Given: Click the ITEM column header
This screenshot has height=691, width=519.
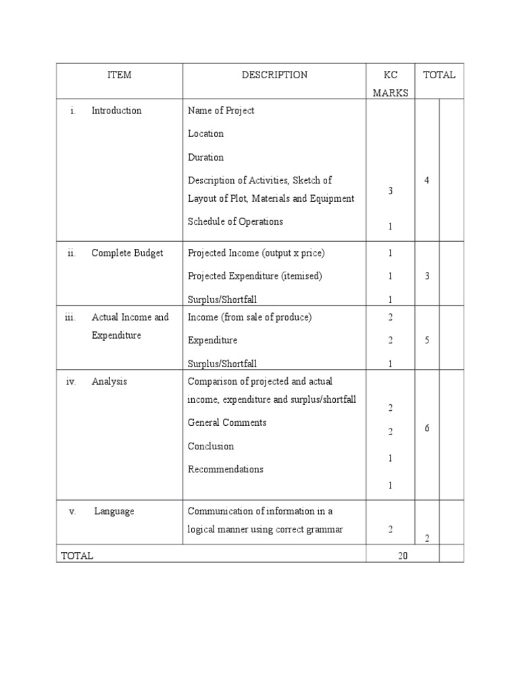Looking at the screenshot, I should pyautogui.click(x=120, y=75).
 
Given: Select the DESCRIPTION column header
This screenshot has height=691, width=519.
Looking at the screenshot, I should pyautogui.click(x=274, y=75).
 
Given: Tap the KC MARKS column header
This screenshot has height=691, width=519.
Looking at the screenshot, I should pyautogui.click(x=391, y=84).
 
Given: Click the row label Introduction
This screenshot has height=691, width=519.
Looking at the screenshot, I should pyautogui.click(x=116, y=111).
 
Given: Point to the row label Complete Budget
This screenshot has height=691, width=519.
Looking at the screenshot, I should pyautogui.click(x=127, y=253).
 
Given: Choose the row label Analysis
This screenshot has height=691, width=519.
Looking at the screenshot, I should pyautogui.click(x=109, y=381).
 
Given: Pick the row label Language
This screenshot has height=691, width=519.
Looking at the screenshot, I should pyautogui.click(x=114, y=512).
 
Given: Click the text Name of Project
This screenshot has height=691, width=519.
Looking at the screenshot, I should pyautogui.click(x=221, y=111).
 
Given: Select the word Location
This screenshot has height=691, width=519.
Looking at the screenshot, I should pyautogui.click(x=205, y=134).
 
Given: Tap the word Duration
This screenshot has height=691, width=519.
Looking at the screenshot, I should pyautogui.click(x=205, y=157).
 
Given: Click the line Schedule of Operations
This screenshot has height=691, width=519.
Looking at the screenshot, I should pyautogui.click(x=235, y=221).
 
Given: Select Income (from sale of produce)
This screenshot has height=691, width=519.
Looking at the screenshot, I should pyautogui.click(x=249, y=317).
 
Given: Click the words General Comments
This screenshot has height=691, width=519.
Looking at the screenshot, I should pyautogui.click(x=227, y=422).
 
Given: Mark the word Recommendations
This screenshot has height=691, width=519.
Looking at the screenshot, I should pyautogui.click(x=226, y=469).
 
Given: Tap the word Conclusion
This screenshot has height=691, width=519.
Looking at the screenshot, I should pyautogui.click(x=211, y=446).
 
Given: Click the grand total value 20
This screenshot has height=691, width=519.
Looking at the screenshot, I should pyautogui.click(x=403, y=555).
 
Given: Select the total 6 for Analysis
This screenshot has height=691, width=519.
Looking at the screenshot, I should pyautogui.click(x=427, y=429).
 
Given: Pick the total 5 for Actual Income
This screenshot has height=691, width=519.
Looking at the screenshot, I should pyautogui.click(x=427, y=340).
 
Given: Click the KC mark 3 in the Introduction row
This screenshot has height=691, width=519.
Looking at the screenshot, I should pyautogui.click(x=391, y=191).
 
